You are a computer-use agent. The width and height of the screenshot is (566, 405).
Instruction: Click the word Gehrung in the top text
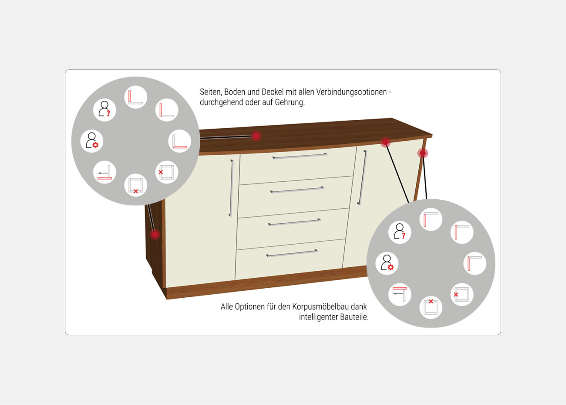click(290, 102)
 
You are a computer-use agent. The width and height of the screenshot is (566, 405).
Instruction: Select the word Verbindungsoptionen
click(351, 92)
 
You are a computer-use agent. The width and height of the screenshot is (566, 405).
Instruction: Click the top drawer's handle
click(300, 156)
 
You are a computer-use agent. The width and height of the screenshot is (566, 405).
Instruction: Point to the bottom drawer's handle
click(292, 253)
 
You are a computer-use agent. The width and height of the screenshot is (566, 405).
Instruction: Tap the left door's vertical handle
click(231, 188)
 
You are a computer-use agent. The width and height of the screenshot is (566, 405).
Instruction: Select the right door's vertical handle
click(362, 177)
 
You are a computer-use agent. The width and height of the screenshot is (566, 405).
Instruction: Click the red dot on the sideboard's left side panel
click(155, 235)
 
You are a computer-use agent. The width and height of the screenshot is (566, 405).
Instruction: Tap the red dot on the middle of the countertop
click(256, 136)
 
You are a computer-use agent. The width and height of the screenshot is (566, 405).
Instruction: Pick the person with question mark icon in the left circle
click(104, 110)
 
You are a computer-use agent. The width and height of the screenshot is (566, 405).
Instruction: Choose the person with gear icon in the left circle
click(92, 141)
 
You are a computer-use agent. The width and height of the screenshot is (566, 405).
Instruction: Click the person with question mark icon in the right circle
click(400, 232)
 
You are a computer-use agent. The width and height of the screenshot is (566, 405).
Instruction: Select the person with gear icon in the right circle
click(387, 263)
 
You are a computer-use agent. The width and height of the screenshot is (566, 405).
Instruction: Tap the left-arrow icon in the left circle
click(104, 172)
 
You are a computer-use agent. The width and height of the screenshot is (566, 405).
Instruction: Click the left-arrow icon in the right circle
click(400, 294)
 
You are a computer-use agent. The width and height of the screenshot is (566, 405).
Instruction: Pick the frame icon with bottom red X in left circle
click(136, 185)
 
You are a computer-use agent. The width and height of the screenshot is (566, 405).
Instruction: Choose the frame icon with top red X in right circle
click(431, 307)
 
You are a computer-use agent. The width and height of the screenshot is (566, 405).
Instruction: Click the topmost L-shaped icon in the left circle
click(136, 97)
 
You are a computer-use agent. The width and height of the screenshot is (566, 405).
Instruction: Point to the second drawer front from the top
click(296, 197)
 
